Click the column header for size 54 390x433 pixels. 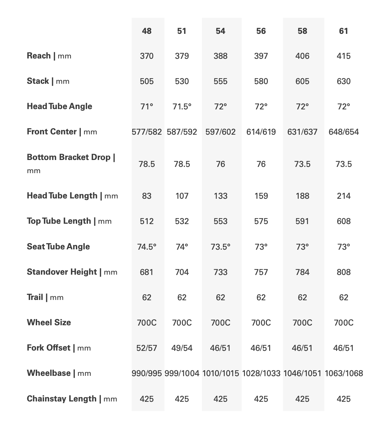pos(220,31)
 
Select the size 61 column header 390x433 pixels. pos(343,31)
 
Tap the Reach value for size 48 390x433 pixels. pos(146,56)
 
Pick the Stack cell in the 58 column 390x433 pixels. pos(302,81)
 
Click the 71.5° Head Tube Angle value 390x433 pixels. pos(182,106)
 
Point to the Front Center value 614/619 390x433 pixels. pos(261,132)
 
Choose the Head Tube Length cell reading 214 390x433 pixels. pos(343,196)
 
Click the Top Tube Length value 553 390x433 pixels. pos(220,221)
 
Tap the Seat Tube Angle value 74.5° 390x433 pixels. pos(146,247)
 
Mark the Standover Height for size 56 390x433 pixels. pos(261,272)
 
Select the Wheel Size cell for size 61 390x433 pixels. pos(343,323)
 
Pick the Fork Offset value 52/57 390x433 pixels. pos(146,348)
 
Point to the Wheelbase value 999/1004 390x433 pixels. pos(182,373)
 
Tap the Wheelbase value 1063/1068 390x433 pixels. pos(344,373)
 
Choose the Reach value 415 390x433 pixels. pos(343,56)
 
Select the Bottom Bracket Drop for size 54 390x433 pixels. pos(220,164)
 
